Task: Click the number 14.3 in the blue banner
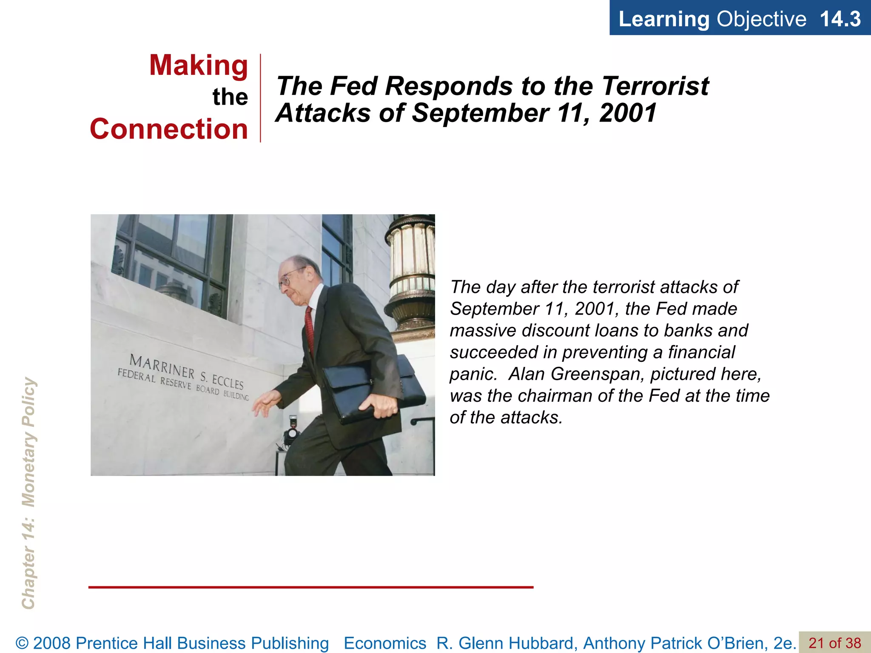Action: pos(840,19)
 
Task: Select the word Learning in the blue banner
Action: pos(664,19)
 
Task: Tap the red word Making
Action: pos(198,65)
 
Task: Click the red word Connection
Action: pos(169,129)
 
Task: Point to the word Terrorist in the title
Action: pos(655,86)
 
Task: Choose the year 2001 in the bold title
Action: pos(628,113)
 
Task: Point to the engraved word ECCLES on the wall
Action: pos(228,382)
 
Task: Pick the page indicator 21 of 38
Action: pos(834,643)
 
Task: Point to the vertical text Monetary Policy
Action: pos(28,442)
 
